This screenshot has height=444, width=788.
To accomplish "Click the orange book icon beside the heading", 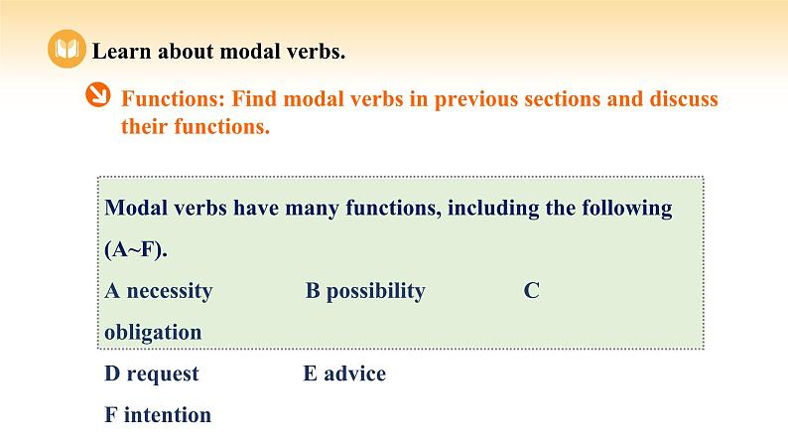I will coord(66,51).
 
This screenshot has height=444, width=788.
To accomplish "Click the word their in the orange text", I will coord(149,127).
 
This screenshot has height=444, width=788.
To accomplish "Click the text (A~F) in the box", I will coord(135,250).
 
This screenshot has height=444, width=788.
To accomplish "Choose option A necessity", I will coord(158,291).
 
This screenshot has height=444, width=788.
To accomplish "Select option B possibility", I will coord(364,291).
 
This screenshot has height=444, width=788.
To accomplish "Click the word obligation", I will coord(152,332).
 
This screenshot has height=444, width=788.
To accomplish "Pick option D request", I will coord(151,373).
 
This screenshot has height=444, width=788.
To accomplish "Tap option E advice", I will coord(343,373).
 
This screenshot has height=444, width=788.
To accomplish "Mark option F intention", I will coord(158,414).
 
